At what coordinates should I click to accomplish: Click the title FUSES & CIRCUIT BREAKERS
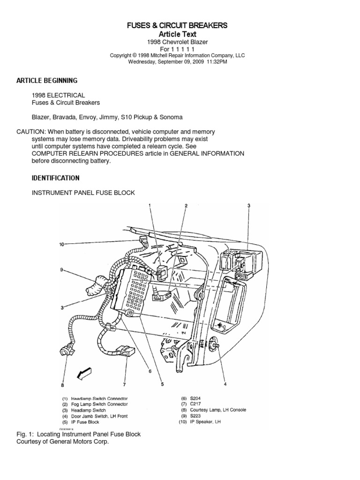point(177,25)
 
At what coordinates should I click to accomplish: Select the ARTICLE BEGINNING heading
point(47,81)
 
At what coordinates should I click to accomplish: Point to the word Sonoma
point(170,117)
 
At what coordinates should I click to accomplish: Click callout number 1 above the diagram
point(150,205)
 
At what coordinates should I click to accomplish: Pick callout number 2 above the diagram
point(186,206)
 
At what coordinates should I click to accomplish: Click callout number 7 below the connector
point(124,385)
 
